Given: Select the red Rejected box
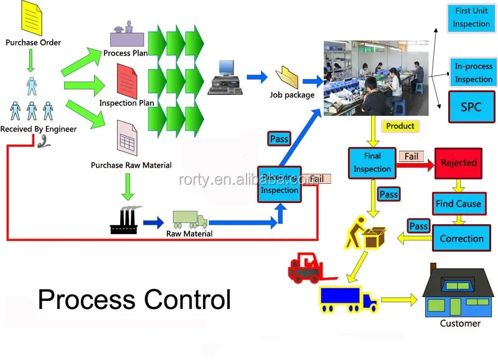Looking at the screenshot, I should (x=459, y=163).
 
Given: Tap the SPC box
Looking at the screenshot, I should (x=471, y=107).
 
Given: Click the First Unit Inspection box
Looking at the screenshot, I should (x=471, y=19).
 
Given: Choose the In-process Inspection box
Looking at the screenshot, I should (x=473, y=73).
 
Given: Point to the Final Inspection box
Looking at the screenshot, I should (x=372, y=163).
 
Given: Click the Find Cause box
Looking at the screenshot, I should (x=458, y=204).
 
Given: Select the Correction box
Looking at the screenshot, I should (x=461, y=239).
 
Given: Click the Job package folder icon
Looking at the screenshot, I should (x=290, y=78).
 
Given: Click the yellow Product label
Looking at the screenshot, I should (x=400, y=126).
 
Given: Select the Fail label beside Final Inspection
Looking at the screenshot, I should (x=411, y=156).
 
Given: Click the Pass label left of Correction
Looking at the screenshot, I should (x=418, y=225).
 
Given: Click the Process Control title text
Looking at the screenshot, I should (x=134, y=299).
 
